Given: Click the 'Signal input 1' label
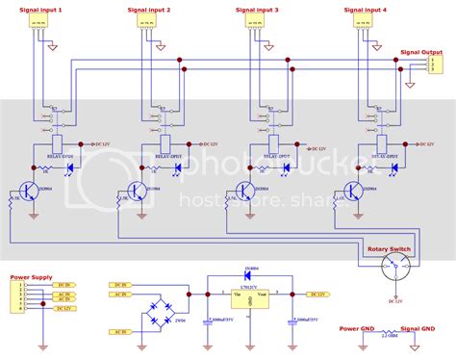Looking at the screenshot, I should [x=41, y=10].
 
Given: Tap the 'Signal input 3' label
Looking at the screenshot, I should [x=257, y=10].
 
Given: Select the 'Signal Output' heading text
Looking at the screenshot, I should [x=422, y=52].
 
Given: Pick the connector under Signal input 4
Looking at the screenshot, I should [x=364, y=23].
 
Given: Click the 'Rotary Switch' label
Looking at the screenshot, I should [x=391, y=249].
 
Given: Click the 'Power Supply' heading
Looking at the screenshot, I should [x=31, y=277].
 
